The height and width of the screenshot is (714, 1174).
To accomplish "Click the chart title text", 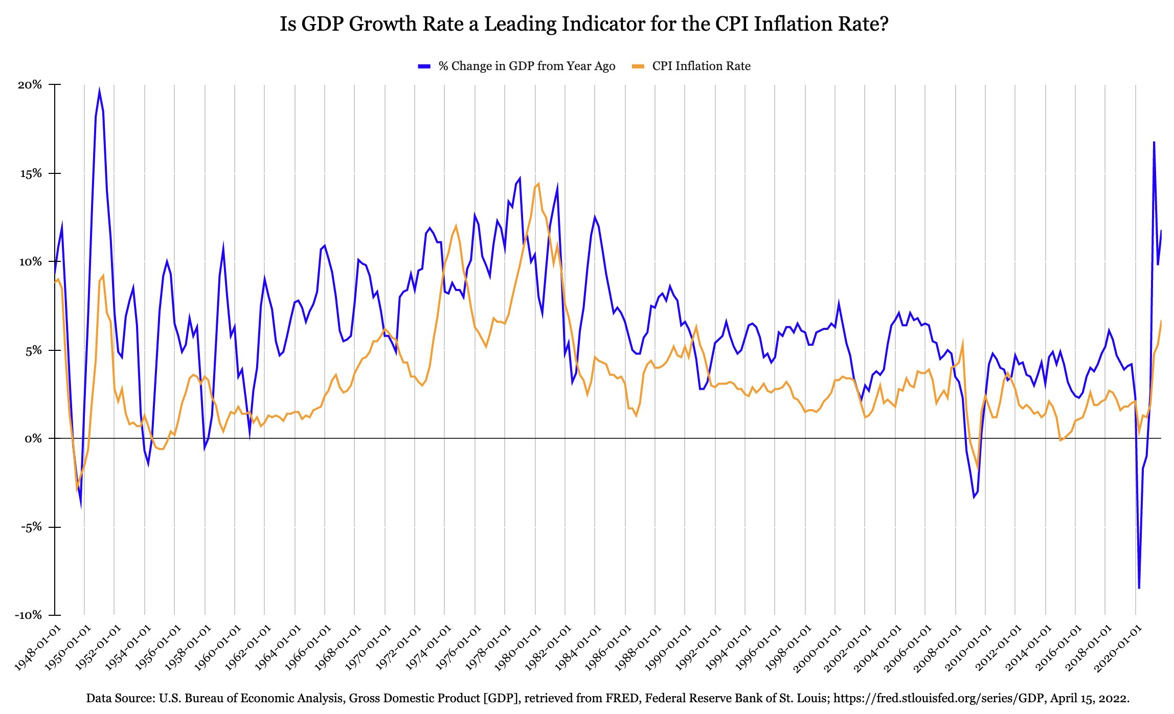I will pos(584,24).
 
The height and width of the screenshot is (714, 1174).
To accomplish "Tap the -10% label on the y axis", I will pos(28,615).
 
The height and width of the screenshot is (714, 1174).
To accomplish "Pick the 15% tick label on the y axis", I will pos(30,173).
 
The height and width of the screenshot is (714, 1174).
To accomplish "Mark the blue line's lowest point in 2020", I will pos(1139,588).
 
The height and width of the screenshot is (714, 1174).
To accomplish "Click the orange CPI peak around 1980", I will pos(538,184).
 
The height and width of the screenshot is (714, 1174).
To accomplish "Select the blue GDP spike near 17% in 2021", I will pos(1154,142).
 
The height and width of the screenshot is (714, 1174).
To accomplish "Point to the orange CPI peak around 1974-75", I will pos(456,226).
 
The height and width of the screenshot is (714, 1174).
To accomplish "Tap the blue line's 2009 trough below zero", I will pos(974,497).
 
